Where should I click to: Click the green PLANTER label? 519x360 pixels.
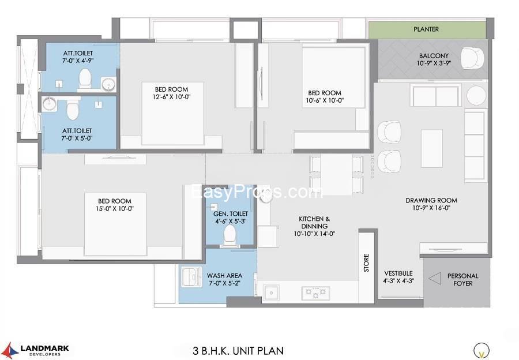[x=426, y=29]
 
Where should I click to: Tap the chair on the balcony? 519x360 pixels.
[x=472, y=58]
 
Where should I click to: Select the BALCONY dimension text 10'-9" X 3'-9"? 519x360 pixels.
[x=434, y=63]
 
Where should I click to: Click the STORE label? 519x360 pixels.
[x=366, y=262]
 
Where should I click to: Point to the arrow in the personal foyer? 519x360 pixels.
[x=435, y=279]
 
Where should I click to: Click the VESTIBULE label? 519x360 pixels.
[x=398, y=273]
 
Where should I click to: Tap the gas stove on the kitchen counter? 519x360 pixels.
[x=315, y=292]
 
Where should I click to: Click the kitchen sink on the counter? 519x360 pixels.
[x=271, y=292]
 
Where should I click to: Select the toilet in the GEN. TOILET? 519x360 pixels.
[x=230, y=236]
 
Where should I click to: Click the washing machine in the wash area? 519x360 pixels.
[x=191, y=277]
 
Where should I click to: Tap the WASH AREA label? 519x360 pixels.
[x=224, y=276]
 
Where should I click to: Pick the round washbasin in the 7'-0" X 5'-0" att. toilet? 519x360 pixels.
[x=50, y=104]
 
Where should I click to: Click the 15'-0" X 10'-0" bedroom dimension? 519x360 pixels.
[x=115, y=209]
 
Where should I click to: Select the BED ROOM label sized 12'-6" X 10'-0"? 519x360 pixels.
[x=171, y=89]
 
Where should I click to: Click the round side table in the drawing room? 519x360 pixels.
[x=476, y=96]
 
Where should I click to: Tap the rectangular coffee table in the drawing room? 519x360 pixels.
[x=431, y=148]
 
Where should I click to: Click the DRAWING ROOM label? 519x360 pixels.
[x=431, y=200]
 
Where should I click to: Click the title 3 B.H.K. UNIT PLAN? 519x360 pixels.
[x=238, y=350]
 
